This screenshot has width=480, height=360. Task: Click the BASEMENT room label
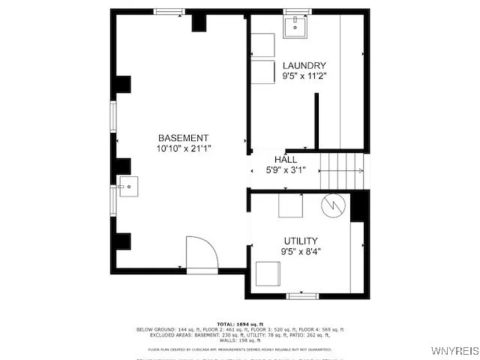[x=183, y=138]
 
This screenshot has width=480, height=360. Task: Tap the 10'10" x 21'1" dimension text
[x=183, y=149]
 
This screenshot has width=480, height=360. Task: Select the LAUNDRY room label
[x=304, y=65]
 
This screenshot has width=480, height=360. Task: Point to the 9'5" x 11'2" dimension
[x=304, y=76]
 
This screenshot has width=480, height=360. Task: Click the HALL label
[x=285, y=160]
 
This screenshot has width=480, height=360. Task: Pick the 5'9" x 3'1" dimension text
[x=285, y=170]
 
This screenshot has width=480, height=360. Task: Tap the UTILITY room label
[x=300, y=241]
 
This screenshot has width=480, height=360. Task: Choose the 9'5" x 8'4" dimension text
[x=300, y=252]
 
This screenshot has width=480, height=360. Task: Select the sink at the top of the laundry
[x=296, y=25]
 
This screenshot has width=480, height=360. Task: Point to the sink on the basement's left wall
[x=128, y=186]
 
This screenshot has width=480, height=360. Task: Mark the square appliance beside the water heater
[x=290, y=205]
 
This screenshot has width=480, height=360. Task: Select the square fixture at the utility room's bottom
[x=268, y=274]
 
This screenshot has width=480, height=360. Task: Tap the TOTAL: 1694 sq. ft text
[x=240, y=323]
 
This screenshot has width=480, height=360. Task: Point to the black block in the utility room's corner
[x=359, y=206]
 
